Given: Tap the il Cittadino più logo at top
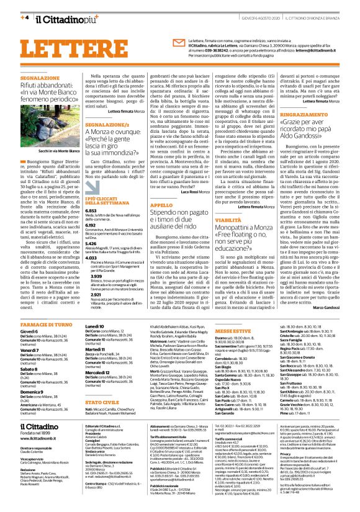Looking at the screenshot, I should click(x=63, y=16).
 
